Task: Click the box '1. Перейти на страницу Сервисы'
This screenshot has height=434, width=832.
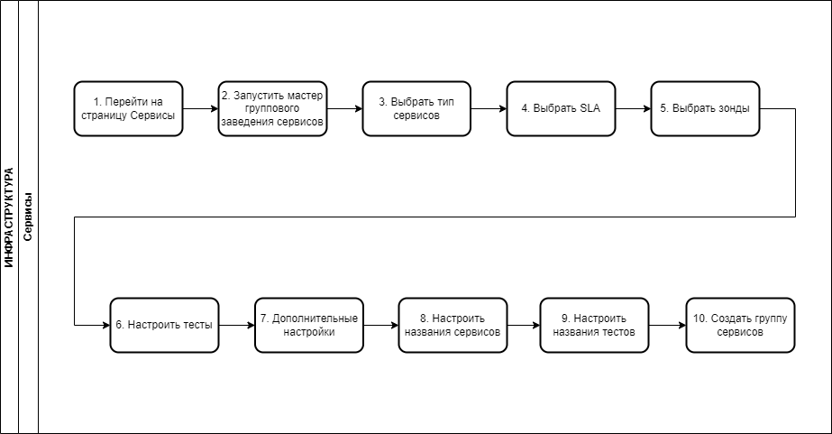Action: click(128, 109)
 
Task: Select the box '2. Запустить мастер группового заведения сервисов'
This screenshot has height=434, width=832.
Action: click(273, 109)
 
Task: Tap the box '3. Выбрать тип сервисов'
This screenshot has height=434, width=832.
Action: click(416, 109)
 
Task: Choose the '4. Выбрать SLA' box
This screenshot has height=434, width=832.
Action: click(561, 109)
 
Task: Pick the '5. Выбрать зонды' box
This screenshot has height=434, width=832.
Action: click(705, 109)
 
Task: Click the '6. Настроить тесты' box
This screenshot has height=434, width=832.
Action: click(164, 325)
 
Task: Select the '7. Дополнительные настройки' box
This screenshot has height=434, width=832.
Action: click(309, 325)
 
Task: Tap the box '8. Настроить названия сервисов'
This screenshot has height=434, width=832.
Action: click(453, 325)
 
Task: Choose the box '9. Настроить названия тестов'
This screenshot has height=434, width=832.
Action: click(594, 325)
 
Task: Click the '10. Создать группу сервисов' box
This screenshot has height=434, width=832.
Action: click(740, 325)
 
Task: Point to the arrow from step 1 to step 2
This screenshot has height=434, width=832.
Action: click(201, 109)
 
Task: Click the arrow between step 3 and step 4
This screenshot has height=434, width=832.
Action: click(489, 109)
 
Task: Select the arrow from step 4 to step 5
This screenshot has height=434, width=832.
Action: click(634, 109)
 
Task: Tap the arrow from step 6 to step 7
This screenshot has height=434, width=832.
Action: click(237, 325)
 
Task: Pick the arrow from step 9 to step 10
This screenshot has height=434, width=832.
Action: click(668, 325)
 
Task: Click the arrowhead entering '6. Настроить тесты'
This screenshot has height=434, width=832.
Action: click(106, 325)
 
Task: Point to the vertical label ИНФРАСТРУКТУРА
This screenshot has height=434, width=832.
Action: click(9, 217)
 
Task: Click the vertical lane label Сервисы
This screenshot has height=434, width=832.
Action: click(28, 217)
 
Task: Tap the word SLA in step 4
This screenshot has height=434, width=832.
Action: click(590, 108)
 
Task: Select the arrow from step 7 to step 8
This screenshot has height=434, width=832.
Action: click(381, 325)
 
